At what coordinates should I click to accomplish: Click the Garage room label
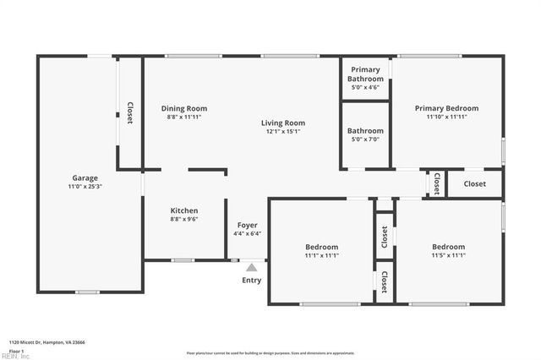click(x=85, y=178)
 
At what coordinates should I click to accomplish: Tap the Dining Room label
click(x=184, y=108)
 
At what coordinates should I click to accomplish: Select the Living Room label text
click(x=282, y=123)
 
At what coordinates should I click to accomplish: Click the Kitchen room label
click(x=184, y=210)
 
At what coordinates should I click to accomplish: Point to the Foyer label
click(x=247, y=225)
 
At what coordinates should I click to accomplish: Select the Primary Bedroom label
click(x=446, y=108)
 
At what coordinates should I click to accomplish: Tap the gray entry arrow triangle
click(x=251, y=267)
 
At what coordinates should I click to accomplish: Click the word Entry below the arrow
click(x=252, y=281)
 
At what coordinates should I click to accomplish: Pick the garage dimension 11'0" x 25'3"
click(x=85, y=187)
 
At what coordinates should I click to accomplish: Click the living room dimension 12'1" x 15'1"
click(x=282, y=132)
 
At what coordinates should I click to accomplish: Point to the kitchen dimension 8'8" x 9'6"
click(x=184, y=219)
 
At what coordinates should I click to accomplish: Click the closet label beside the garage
click(x=130, y=113)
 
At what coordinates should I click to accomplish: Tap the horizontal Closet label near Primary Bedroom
click(x=474, y=183)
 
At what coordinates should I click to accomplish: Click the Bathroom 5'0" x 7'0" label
click(x=365, y=131)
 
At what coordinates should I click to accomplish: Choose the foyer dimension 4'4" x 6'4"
click(x=247, y=234)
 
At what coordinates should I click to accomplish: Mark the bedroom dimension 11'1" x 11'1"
click(x=321, y=255)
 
